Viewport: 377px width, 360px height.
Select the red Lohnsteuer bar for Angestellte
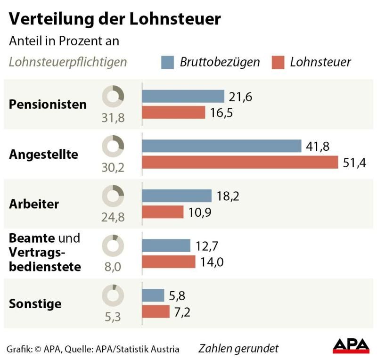tap(240, 162)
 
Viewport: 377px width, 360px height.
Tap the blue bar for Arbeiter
tap(177, 196)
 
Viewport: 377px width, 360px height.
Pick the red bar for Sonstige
tap(156, 311)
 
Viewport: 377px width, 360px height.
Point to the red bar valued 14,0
tap(168, 262)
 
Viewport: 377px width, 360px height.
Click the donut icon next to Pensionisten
tap(113, 96)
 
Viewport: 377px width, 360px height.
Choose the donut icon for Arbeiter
tap(113, 196)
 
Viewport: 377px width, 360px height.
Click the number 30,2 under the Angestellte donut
tap(113, 167)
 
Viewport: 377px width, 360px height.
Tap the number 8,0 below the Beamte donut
tap(113, 267)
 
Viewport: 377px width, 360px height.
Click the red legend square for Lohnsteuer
tap(279, 62)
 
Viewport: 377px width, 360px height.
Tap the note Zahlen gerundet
tap(238, 349)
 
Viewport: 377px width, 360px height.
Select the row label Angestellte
tap(43, 154)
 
